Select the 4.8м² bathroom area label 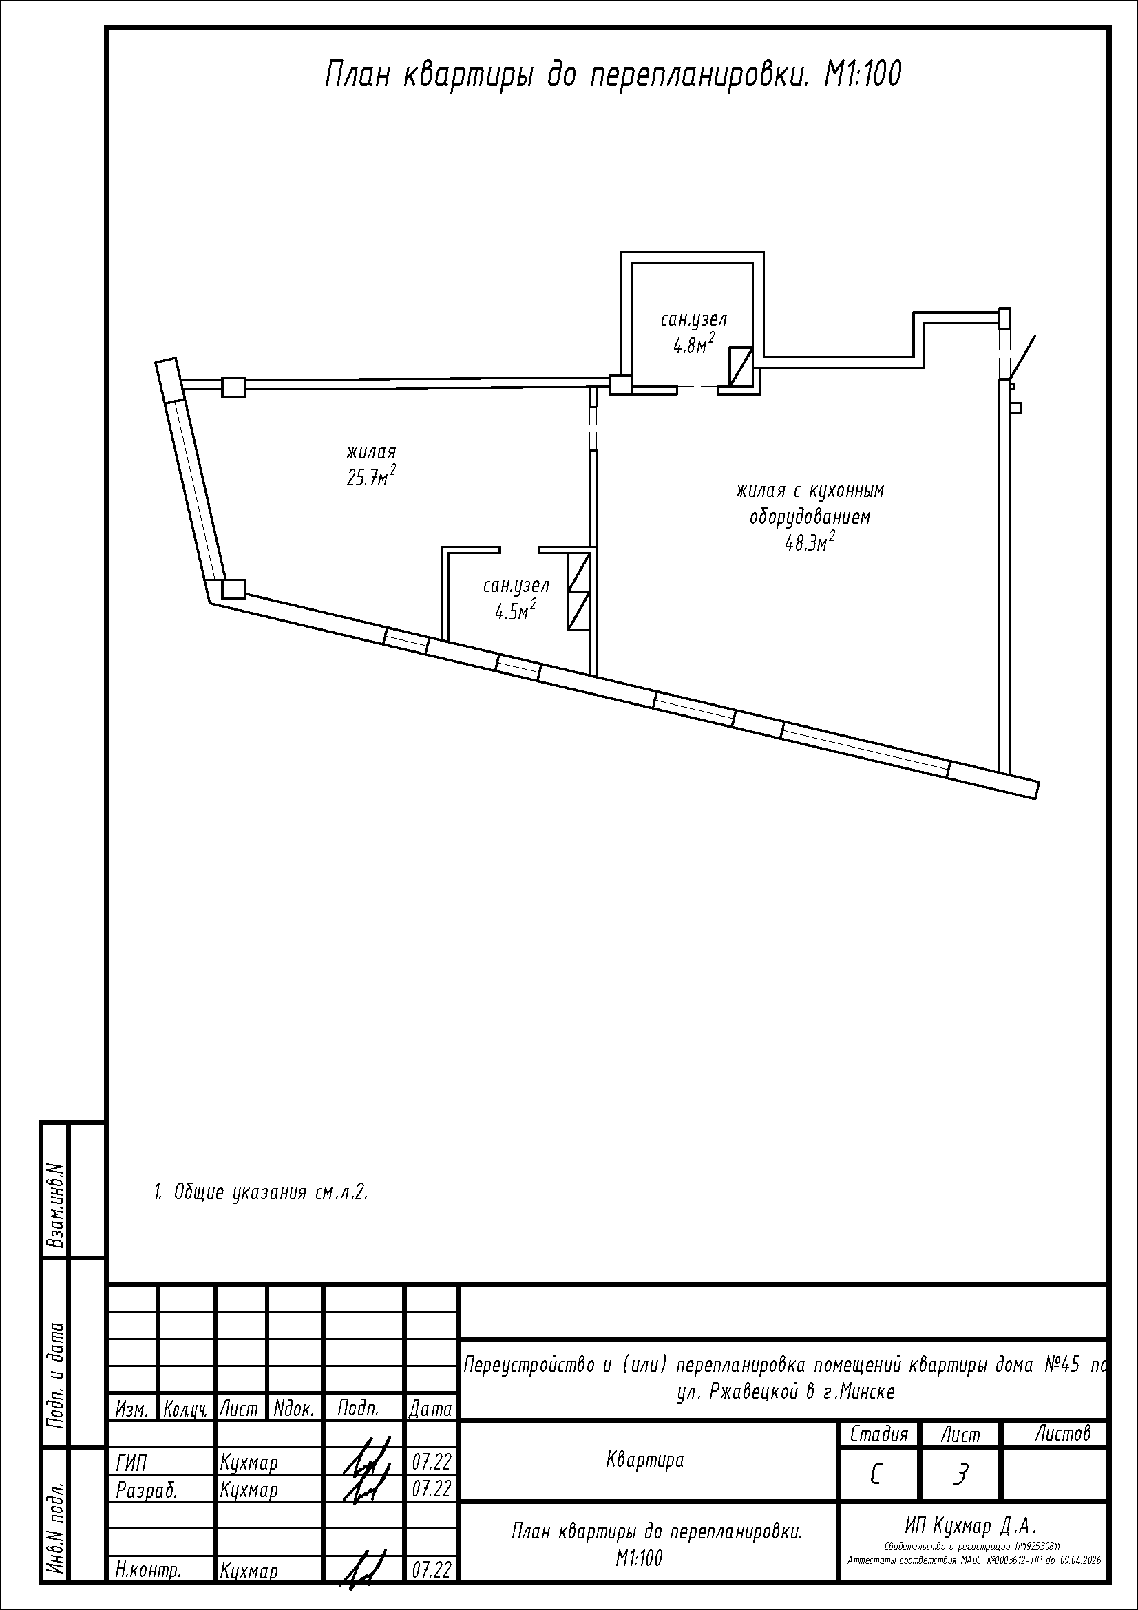click(x=693, y=344)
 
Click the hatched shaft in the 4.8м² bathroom click(x=741, y=368)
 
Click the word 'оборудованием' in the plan click(x=810, y=518)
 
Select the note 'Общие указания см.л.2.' click(x=261, y=1192)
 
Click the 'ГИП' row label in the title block click(x=131, y=1463)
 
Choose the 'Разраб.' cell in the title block click(x=146, y=1490)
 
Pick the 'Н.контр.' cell click(x=149, y=1569)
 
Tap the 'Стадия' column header click(x=879, y=1434)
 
